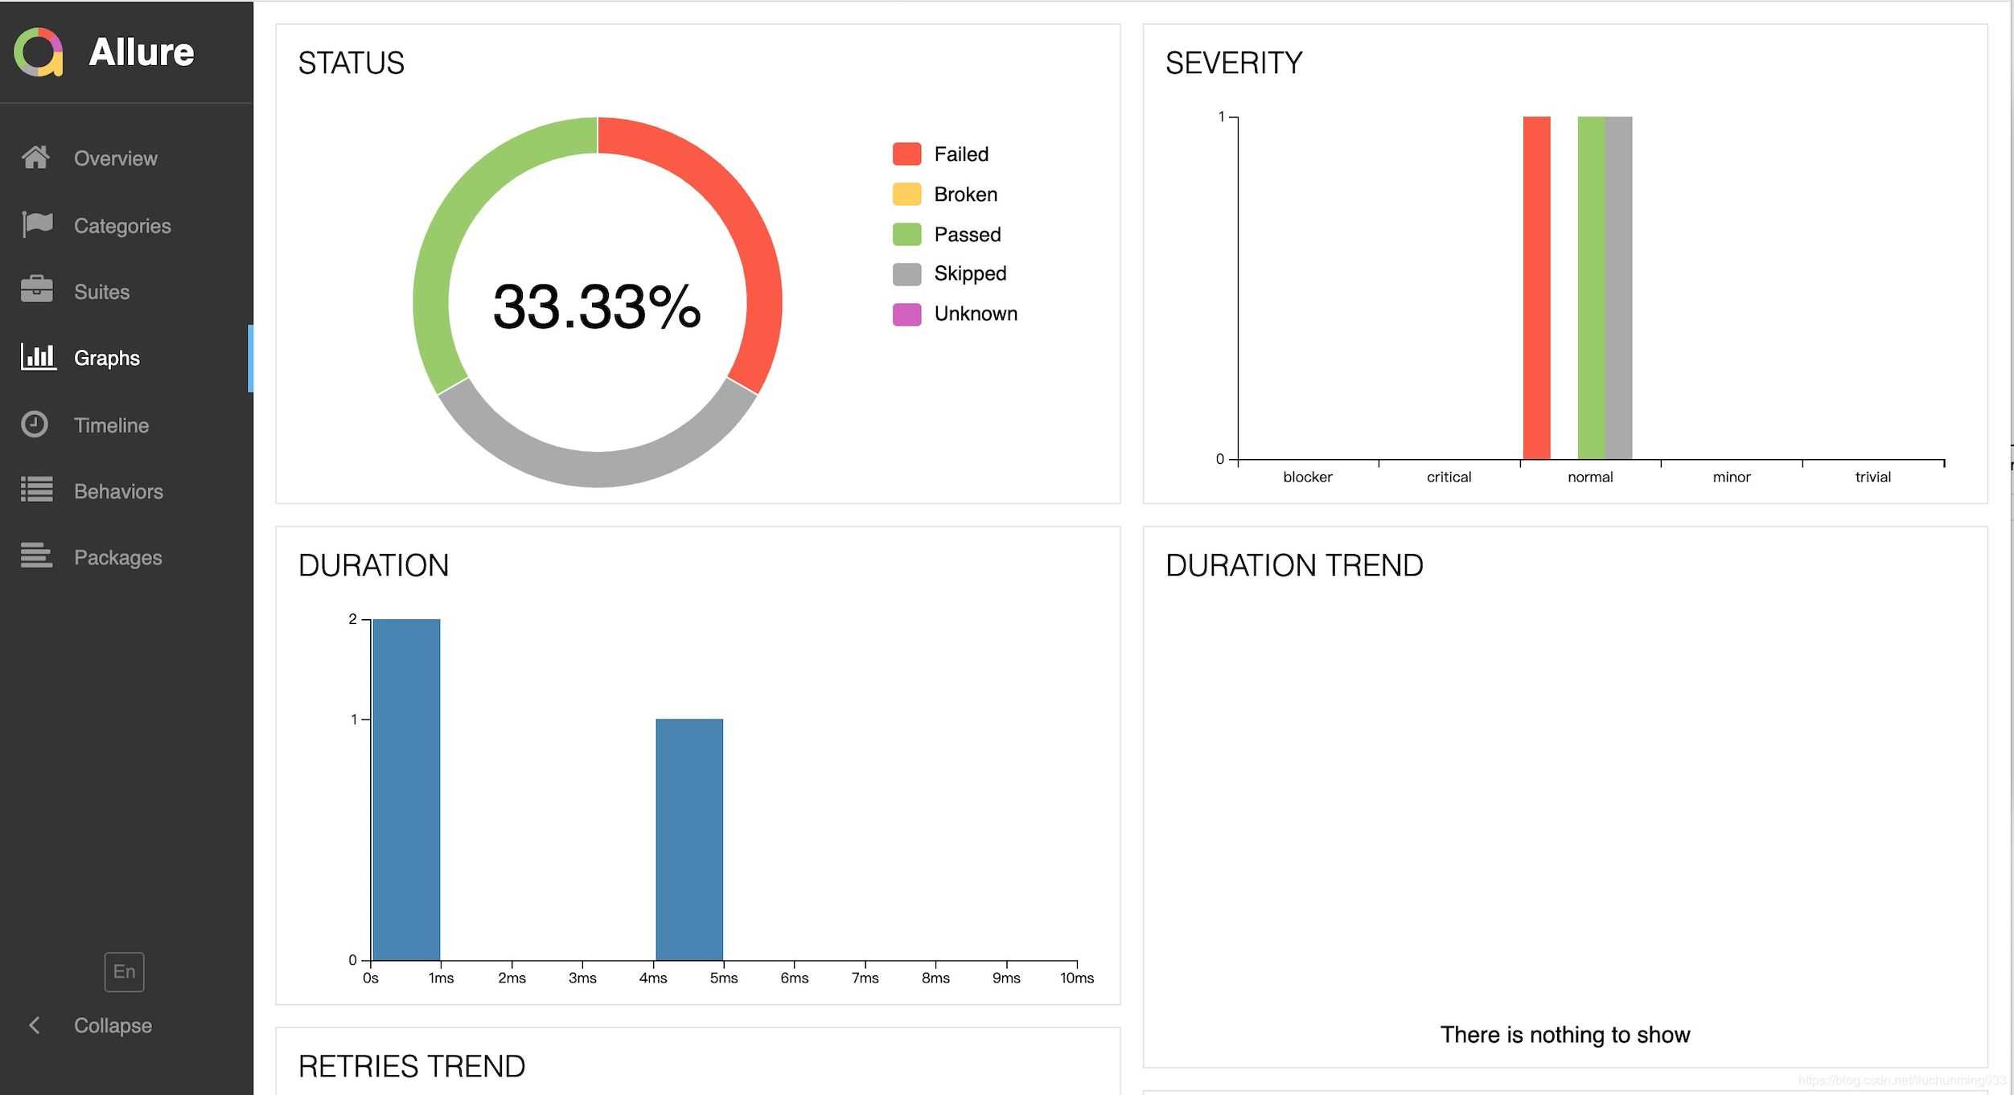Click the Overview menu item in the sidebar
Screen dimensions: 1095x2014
coord(115,158)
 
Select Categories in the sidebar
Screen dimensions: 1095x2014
coord(121,226)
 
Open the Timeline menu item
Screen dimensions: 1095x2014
coord(111,425)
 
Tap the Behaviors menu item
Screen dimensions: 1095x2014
coord(118,491)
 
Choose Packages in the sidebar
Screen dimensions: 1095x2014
coord(117,557)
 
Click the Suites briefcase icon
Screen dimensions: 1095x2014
coord(37,289)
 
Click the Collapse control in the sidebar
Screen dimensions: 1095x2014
coord(112,1026)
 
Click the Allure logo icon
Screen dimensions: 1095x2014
coord(39,52)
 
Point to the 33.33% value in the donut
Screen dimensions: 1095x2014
coord(597,306)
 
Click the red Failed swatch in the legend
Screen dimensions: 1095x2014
coord(906,154)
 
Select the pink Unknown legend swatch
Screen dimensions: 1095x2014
coord(906,314)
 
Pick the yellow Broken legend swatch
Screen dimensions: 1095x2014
coord(906,194)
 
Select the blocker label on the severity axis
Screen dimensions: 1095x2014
coord(1307,477)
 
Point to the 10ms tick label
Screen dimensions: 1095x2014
coord(1076,978)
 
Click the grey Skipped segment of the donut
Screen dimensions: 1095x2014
coord(597,467)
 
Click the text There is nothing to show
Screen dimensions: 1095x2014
coord(1564,1034)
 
